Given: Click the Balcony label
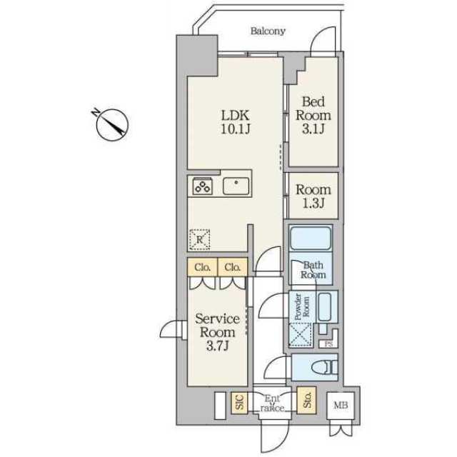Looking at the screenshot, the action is [268, 31].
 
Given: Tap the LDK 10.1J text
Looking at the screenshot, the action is [235, 122].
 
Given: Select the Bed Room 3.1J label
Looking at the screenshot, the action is [313, 115].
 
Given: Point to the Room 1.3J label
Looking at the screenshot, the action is [313, 197].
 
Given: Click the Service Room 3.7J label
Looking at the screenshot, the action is [217, 332].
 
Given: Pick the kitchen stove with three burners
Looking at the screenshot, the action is [203, 186].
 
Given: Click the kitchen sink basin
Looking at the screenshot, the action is [236, 186].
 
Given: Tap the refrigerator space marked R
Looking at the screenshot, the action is [200, 240].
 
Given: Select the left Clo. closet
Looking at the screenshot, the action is [203, 266].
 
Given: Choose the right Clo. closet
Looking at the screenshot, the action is [233, 266].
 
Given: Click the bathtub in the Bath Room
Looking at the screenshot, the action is [311, 238].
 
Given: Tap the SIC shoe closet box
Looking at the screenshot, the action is [240, 403].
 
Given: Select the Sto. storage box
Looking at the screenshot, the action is [306, 400].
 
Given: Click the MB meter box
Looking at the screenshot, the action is [341, 406].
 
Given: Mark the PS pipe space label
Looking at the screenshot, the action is [328, 344].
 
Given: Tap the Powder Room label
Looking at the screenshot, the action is [302, 307].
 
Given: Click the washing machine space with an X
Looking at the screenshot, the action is [301, 335].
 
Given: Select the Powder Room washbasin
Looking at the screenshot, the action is [325, 307].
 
